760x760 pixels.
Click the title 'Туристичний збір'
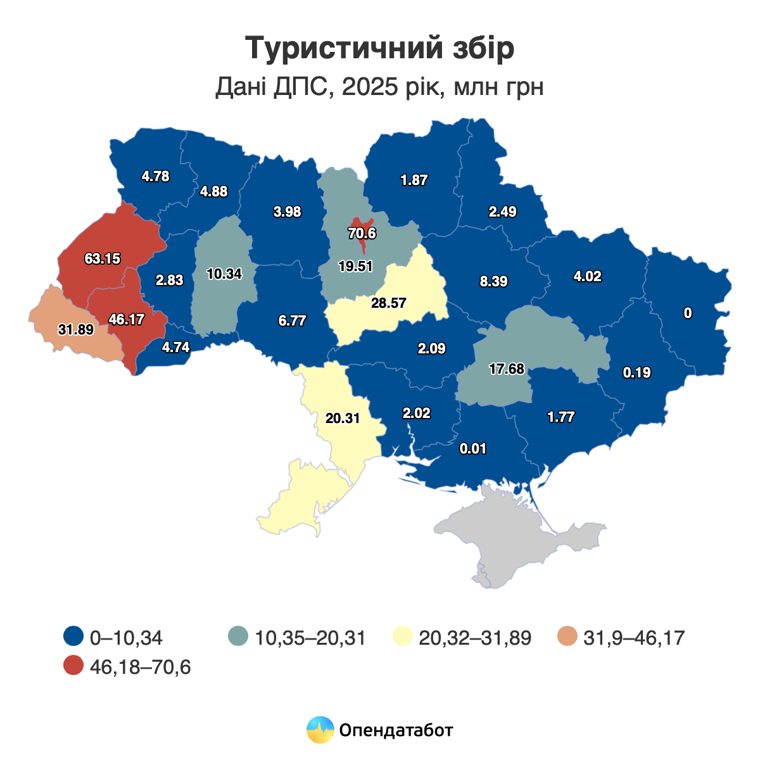click(379, 48)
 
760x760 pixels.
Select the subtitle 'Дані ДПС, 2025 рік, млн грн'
click(379, 87)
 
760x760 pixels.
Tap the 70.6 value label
click(362, 233)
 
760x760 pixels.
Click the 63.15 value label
click(103, 258)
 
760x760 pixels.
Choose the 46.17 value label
click(126, 319)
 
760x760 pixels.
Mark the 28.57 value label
click(389, 303)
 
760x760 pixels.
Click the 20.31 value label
click(343, 418)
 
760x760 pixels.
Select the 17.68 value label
click(507, 369)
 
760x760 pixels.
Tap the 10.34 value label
click(224, 274)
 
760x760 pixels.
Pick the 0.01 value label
click(472, 448)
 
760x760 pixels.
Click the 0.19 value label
click(636, 372)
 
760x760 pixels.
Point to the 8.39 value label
click(493, 281)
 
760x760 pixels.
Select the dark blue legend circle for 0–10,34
click(74, 636)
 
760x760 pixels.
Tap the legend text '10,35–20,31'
click(310, 637)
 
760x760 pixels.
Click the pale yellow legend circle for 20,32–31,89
click(403, 636)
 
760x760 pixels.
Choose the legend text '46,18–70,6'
click(141, 667)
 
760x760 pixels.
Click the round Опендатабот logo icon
click(320, 730)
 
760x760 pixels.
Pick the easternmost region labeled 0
click(688, 313)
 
